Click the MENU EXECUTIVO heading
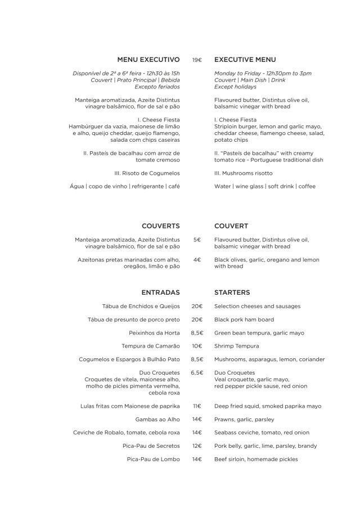tap(148, 59)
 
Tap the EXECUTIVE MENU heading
tap(245, 59)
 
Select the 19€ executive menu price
tap(197, 60)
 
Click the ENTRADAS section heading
tap(160, 292)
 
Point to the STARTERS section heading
tap(232, 292)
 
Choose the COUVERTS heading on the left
tap(160, 226)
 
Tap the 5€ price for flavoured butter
tap(197, 240)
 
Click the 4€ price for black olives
tap(197, 260)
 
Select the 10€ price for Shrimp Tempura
tap(197, 346)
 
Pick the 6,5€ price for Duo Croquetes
tap(197, 372)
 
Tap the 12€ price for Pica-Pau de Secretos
tap(197, 446)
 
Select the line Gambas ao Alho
tap(157, 419)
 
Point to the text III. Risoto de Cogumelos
tap(147, 173)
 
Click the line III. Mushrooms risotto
tap(244, 173)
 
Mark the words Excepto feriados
tap(157, 87)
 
